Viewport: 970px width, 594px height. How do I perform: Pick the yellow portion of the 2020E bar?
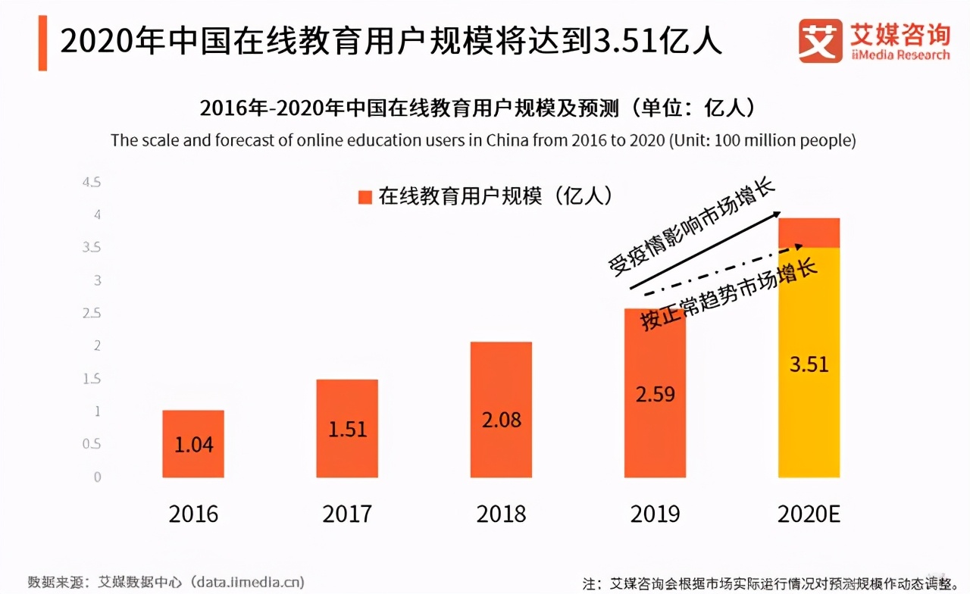809,424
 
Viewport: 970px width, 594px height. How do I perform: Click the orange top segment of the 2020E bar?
809,233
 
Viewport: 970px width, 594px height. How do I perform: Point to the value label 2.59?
655,394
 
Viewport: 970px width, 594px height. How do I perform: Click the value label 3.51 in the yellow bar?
809,364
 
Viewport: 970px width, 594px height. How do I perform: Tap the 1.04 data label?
193,445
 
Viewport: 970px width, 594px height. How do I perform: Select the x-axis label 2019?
655,514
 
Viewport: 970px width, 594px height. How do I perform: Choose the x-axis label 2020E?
809,514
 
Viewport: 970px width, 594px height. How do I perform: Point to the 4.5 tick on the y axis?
91,183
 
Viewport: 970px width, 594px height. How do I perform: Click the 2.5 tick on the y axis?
91,313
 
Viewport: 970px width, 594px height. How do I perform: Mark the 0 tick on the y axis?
96,477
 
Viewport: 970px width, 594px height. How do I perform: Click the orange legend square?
365,197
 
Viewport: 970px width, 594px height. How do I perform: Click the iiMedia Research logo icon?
820,41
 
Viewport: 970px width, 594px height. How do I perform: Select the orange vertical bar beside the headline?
42,42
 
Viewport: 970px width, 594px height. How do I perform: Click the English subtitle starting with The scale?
483,140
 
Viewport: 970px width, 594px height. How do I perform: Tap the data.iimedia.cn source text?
248,582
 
